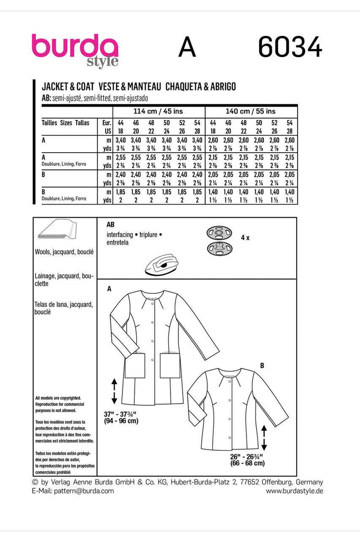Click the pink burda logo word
pos(74,46)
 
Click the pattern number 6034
pos(290,49)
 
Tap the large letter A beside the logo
pos(187,49)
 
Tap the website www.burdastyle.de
pos(294,491)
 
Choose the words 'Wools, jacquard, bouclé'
pos(64,253)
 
